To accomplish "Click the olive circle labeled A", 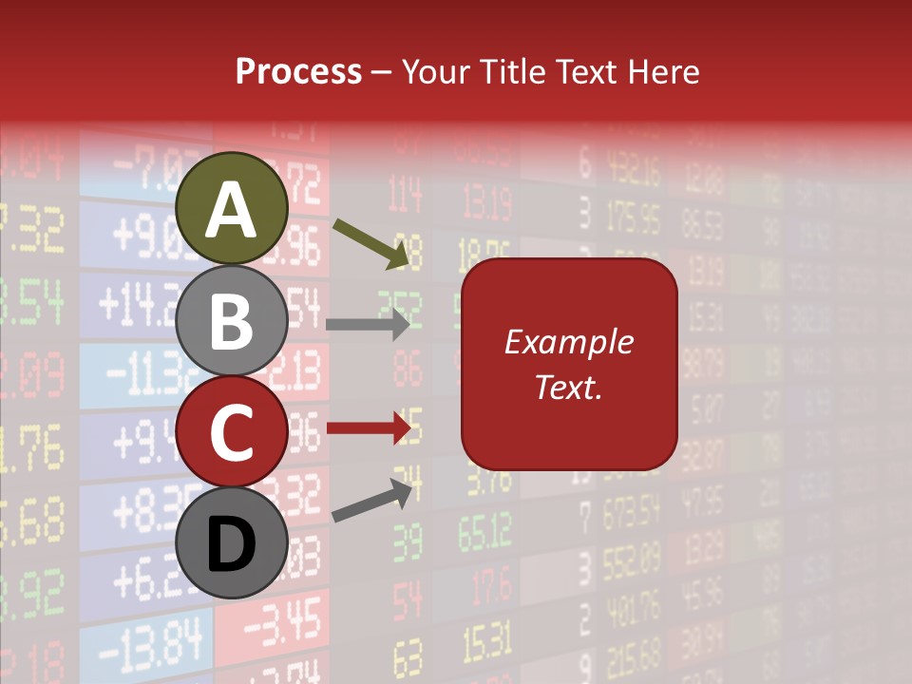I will tap(231, 208).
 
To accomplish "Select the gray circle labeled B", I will tap(231, 320).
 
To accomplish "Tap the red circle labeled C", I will tap(231, 431).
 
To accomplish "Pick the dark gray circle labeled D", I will tap(231, 542).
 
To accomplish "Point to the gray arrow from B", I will tap(367, 325).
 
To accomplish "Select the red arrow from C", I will tap(367, 428).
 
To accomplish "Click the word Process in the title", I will tap(298, 71).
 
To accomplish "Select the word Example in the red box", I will tap(568, 342).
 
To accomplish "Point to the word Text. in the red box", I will tap(568, 388).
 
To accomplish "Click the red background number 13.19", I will tap(486, 201).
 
